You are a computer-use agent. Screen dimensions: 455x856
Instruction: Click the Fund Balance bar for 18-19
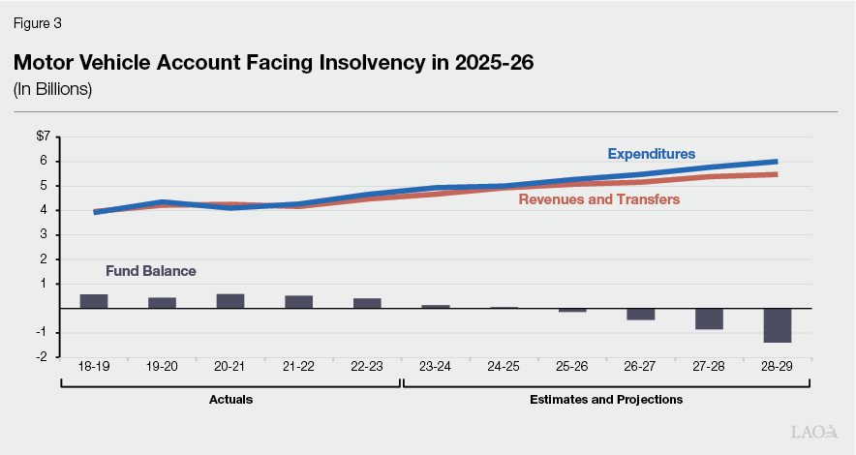pyautogui.click(x=94, y=301)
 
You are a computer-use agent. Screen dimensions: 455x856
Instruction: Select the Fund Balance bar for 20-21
pyautogui.click(x=230, y=301)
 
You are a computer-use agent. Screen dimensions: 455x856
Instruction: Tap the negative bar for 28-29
pyautogui.click(x=777, y=325)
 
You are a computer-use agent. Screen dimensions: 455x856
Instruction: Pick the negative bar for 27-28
pyautogui.click(x=709, y=318)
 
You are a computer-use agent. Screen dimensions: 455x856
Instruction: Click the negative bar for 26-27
pyautogui.click(x=640, y=314)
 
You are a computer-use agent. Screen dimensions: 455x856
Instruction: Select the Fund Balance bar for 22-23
pyautogui.click(x=367, y=303)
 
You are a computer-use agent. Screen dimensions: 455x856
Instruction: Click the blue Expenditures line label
pyautogui.click(x=651, y=154)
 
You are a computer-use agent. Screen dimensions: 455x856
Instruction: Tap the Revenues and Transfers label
pyautogui.click(x=598, y=199)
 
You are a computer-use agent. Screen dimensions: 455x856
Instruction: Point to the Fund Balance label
pyautogui.click(x=150, y=271)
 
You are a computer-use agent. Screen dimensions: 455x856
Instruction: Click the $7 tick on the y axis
pyautogui.click(x=42, y=136)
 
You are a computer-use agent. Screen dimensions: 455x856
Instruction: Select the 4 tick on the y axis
pyautogui.click(x=45, y=210)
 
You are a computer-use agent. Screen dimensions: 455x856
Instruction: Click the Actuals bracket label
pyautogui.click(x=230, y=399)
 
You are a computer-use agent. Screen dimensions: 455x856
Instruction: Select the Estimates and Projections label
pyautogui.click(x=606, y=399)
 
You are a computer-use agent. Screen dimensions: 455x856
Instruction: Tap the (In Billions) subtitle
pyautogui.click(x=52, y=90)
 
